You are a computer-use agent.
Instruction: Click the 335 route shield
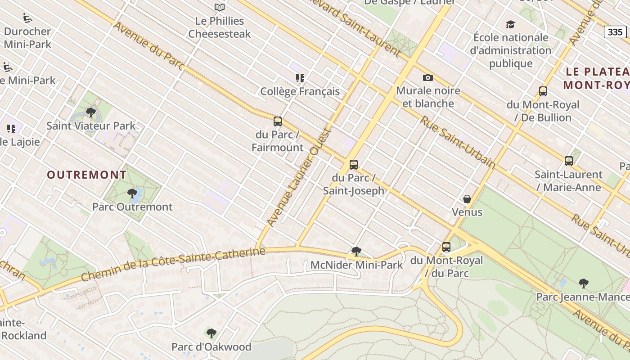click(615, 31)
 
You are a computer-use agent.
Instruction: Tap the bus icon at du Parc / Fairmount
click(278, 121)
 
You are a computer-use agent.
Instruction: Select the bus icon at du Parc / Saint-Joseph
click(354, 165)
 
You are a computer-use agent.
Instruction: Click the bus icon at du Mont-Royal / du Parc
click(446, 247)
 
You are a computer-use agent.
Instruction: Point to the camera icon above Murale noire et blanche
click(428, 78)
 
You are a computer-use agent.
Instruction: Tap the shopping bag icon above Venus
click(467, 199)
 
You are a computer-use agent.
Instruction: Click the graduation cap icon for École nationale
click(510, 24)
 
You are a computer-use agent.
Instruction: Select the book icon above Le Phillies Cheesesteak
click(220, 7)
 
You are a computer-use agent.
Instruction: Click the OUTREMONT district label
click(87, 175)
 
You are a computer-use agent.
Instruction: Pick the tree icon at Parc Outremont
click(132, 193)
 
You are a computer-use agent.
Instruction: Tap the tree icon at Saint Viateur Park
click(91, 112)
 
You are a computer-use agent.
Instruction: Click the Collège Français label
click(300, 91)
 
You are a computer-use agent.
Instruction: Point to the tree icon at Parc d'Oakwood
click(211, 333)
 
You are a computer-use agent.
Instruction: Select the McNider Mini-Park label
click(356, 265)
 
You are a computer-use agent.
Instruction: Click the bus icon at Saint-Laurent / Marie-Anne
click(569, 161)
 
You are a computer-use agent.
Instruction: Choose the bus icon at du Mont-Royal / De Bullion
click(543, 91)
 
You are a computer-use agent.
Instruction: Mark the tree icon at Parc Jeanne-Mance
click(584, 283)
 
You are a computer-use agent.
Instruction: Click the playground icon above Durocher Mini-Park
click(27, 18)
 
